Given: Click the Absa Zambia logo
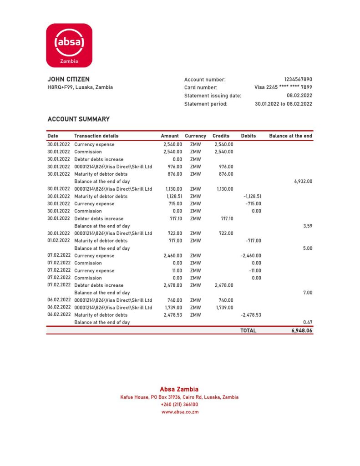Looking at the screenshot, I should click(69, 45).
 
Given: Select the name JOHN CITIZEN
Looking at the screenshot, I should click(68, 79).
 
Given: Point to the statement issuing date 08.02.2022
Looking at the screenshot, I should click(299, 96).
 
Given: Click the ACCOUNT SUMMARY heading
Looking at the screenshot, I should click(78, 119).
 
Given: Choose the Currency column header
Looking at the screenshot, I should click(195, 136).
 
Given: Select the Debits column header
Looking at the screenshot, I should click(248, 136).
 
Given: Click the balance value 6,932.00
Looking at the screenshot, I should click(303, 181).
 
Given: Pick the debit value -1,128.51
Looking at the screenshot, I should click(251, 196).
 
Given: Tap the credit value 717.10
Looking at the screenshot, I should click(226, 218).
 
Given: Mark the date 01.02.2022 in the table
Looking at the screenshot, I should click(59, 241).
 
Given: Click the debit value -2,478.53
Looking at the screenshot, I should click(251, 315).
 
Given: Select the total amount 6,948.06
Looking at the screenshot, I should click(302, 331).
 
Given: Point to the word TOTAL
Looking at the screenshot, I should click(248, 331).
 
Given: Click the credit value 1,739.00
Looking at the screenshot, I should click(224, 308).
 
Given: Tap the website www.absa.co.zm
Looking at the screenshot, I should click(180, 412).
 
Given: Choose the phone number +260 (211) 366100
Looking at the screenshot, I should click(179, 404).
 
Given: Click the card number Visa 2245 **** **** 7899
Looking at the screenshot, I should click(283, 87).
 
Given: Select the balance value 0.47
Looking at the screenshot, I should click(307, 322).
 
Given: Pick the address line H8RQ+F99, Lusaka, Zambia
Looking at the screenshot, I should click(80, 87).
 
